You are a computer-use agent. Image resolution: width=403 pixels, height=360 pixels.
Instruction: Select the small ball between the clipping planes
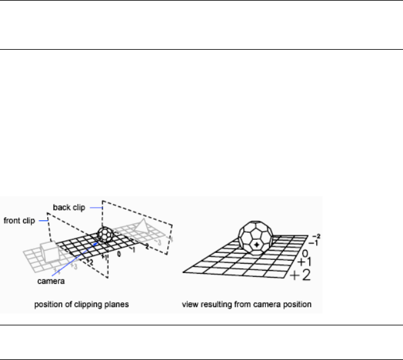coord(105,235)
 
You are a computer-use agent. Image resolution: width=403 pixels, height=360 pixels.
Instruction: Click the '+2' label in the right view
coord(302,274)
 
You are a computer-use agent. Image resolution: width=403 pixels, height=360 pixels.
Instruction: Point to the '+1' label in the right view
coord(304,261)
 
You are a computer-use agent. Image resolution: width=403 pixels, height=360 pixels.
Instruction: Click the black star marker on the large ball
coord(257,244)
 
